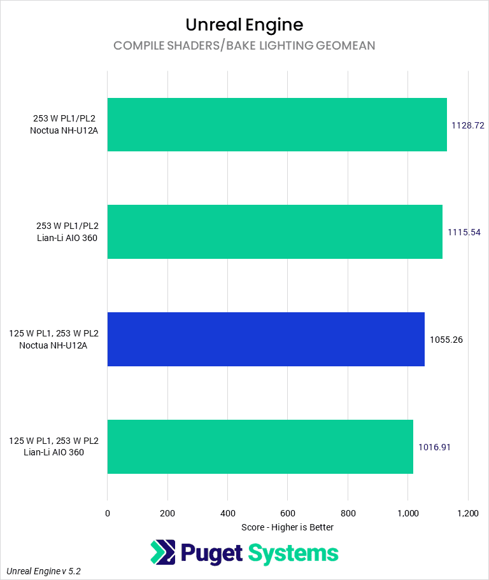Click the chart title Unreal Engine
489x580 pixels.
(x=244, y=25)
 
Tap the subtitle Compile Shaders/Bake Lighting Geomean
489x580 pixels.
(x=244, y=45)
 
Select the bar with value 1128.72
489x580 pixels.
(x=277, y=125)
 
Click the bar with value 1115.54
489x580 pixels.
(x=274, y=231)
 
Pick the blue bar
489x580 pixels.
(x=266, y=339)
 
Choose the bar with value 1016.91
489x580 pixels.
(x=260, y=446)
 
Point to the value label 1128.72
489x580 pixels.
(x=468, y=125)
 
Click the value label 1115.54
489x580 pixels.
(x=464, y=232)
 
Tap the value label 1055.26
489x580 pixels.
(x=446, y=340)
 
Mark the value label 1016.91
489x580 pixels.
(x=434, y=447)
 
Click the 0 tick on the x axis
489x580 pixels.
(x=108, y=513)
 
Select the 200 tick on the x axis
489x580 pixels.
(x=167, y=513)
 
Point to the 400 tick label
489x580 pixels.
(x=227, y=513)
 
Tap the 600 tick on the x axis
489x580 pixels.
(x=288, y=513)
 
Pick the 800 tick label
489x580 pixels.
(x=348, y=513)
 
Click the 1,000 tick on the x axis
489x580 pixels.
(x=407, y=513)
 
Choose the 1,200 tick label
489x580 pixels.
(x=467, y=513)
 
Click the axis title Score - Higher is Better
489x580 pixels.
(x=288, y=527)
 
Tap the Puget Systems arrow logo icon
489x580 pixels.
(x=162, y=552)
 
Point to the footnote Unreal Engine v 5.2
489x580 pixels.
(x=44, y=571)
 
